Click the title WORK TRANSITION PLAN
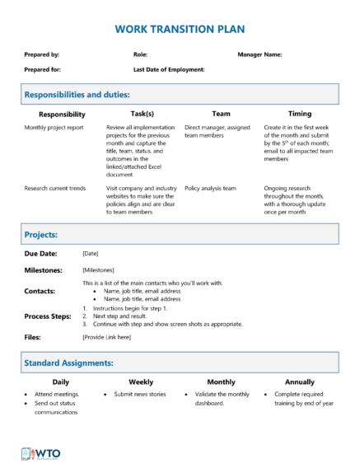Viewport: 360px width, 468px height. pos(180,29)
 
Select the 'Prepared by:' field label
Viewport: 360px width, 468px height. pos(42,54)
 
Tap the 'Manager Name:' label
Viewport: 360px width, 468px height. pos(259,54)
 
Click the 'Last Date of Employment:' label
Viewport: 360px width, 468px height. pos(169,70)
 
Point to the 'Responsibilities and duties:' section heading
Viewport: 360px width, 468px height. pos(77,95)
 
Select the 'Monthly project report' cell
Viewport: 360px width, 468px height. pos(54,129)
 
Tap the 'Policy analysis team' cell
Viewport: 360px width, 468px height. pos(210,189)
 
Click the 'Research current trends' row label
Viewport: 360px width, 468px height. pos(55,189)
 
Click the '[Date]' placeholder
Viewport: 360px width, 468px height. pos(91,254)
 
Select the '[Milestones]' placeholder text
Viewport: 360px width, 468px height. pos(98,270)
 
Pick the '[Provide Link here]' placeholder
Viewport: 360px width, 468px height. pos(106,337)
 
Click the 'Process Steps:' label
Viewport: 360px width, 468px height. pos(48,316)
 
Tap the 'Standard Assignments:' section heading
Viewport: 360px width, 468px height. pos(68,362)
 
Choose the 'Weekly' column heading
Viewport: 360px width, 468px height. pos(141,382)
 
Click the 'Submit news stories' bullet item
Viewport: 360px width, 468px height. pos(141,395)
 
